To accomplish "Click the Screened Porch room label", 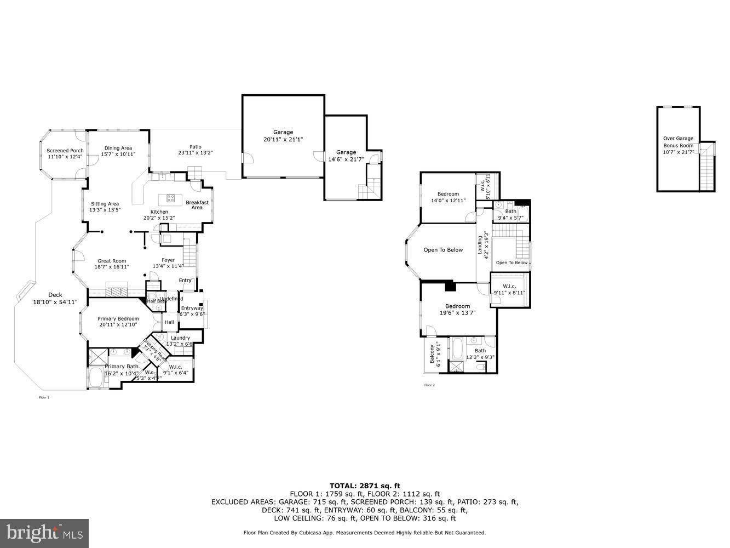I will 65,151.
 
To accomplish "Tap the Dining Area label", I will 118,148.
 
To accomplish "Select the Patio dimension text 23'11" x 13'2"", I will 195,153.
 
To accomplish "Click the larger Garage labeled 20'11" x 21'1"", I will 283,132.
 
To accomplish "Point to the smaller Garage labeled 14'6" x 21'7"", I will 346,152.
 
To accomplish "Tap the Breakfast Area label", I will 197,205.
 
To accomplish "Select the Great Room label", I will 112,261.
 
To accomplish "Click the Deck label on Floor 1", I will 55,295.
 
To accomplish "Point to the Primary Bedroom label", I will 118,318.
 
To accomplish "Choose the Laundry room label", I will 180,338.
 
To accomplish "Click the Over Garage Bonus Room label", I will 678,142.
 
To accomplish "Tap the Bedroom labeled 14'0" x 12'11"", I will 448,194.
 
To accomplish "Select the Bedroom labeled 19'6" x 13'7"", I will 457,306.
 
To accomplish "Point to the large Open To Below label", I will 443,250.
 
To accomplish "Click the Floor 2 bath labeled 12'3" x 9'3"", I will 480,351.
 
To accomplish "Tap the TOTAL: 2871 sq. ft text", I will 365,486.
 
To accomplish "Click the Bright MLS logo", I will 44,533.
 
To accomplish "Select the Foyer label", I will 168,260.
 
